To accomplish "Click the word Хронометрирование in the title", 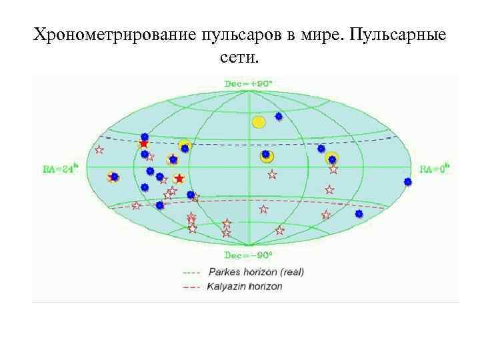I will (x=113, y=35).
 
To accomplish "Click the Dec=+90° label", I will (x=248, y=84).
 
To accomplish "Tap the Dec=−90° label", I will (x=248, y=255).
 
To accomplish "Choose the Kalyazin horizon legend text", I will (x=245, y=287).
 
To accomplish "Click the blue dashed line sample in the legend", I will (x=191, y=272).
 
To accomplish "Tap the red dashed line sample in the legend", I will (x=191, y=287).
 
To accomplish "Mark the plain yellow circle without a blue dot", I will (x=259, y=122).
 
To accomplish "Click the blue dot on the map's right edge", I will (x=408, y=181).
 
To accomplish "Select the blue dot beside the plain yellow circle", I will (x=279, y=116).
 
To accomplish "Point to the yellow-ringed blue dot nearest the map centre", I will (x=266, y=155).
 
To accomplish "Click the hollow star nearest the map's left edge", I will (x=99, y=150).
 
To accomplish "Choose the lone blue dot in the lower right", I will (x=359, y=213).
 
